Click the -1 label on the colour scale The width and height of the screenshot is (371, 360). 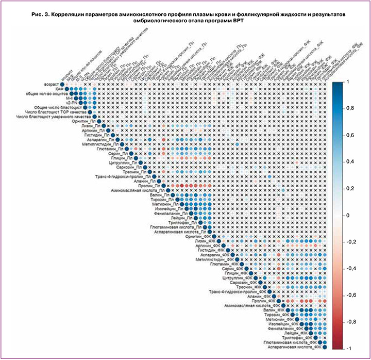pyautogui.click(x=349, y=349)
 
